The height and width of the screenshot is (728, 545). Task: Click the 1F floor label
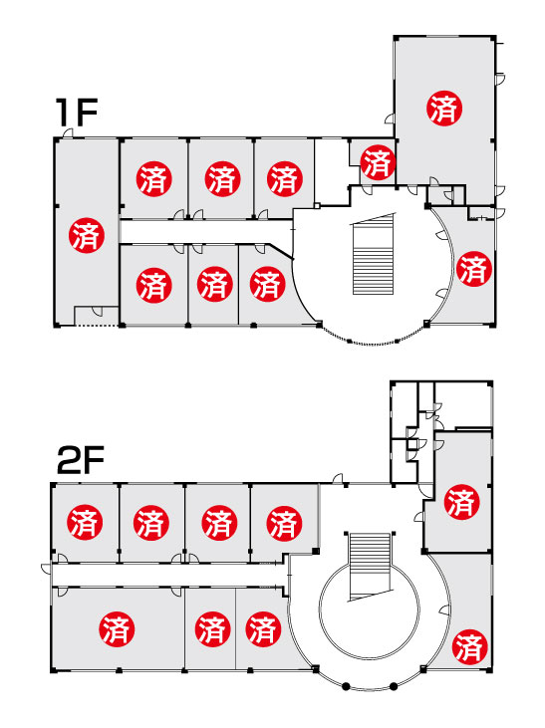click(76, 113)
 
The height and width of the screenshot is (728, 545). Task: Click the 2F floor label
click(80, 460)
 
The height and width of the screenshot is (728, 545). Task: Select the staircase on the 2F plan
click(370, 567)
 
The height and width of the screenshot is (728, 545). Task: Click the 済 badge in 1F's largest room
click(444, 109)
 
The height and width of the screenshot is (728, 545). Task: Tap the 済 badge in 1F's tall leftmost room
click(87, 235)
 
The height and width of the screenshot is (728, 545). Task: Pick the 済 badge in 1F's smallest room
click(378, 162)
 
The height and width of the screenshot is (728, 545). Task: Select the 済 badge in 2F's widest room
click(118, 629)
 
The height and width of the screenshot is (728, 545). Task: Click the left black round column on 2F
click(345, 686)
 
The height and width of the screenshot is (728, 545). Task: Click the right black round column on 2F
click(394, 686)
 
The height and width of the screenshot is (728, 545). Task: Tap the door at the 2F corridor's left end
click(46, 569)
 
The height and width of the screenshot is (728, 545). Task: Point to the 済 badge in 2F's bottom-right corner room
click(469, 646)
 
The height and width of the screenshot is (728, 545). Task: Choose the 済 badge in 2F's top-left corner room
click(85, 522)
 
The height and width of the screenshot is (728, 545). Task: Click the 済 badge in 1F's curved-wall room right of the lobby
click(474, 269)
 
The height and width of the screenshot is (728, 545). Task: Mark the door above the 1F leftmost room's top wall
click(68, 132)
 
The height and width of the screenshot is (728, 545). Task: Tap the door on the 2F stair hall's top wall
click(338, 478)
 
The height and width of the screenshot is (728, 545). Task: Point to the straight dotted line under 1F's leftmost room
click(97, 326)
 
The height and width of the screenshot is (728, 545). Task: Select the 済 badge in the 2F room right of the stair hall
click(462, 502)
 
